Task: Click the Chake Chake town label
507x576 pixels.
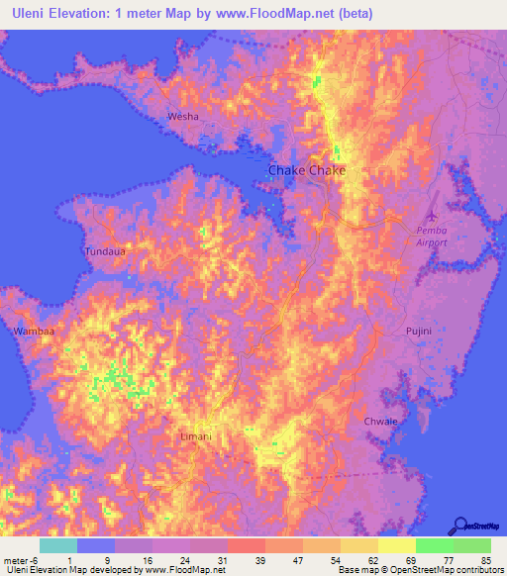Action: [307, 171]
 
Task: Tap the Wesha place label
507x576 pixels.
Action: [183, 117]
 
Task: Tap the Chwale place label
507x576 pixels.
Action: [381, 421]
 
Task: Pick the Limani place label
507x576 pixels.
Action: [197, 435]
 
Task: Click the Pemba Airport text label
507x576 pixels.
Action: [431, 235]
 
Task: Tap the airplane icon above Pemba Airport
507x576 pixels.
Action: [430, 214]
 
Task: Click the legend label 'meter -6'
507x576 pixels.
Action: [22, 559]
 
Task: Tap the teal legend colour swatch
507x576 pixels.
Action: [58, 545]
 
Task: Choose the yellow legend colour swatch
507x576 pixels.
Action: [396, 545]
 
